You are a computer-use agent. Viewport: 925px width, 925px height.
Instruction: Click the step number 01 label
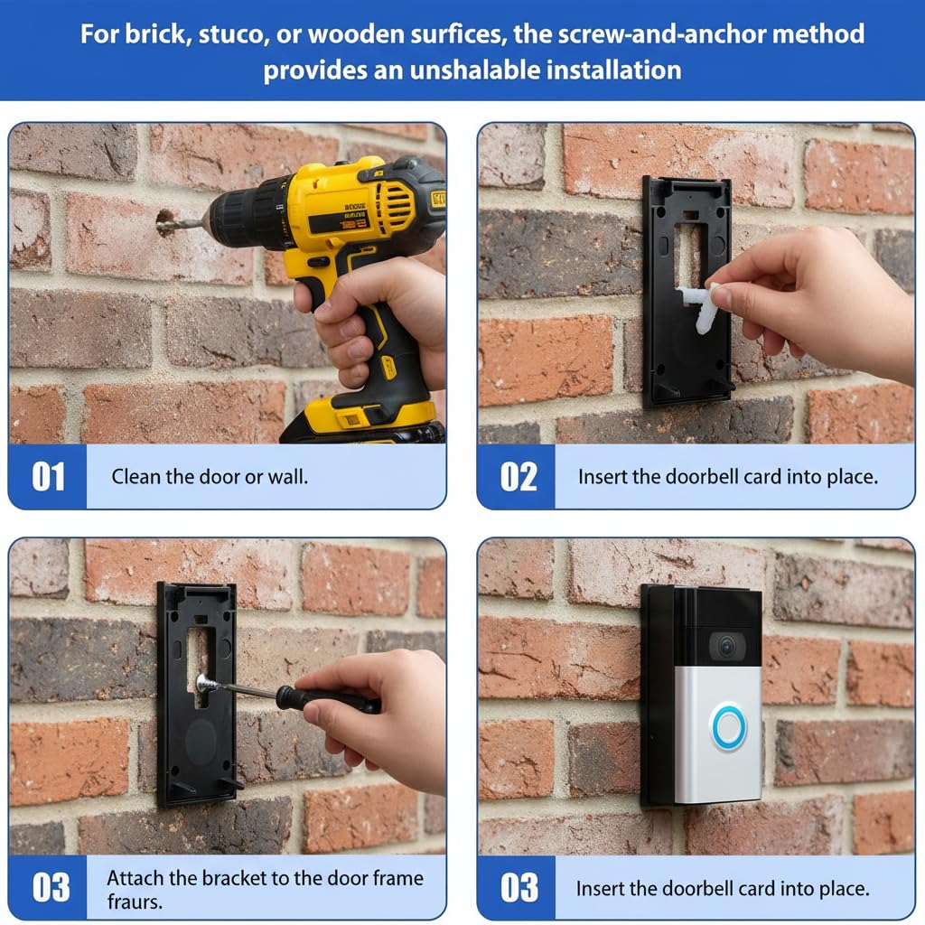49,476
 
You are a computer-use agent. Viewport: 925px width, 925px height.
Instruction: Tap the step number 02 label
519,476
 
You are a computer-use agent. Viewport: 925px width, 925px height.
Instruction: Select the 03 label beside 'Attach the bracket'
51,887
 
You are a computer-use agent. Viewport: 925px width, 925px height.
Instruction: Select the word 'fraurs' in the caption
134,902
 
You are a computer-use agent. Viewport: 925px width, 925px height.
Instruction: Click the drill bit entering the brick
182,224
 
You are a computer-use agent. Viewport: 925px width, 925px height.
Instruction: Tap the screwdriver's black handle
327,699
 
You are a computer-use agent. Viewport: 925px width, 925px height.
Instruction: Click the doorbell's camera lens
727,647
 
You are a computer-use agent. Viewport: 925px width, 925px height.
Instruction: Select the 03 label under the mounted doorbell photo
519,888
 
